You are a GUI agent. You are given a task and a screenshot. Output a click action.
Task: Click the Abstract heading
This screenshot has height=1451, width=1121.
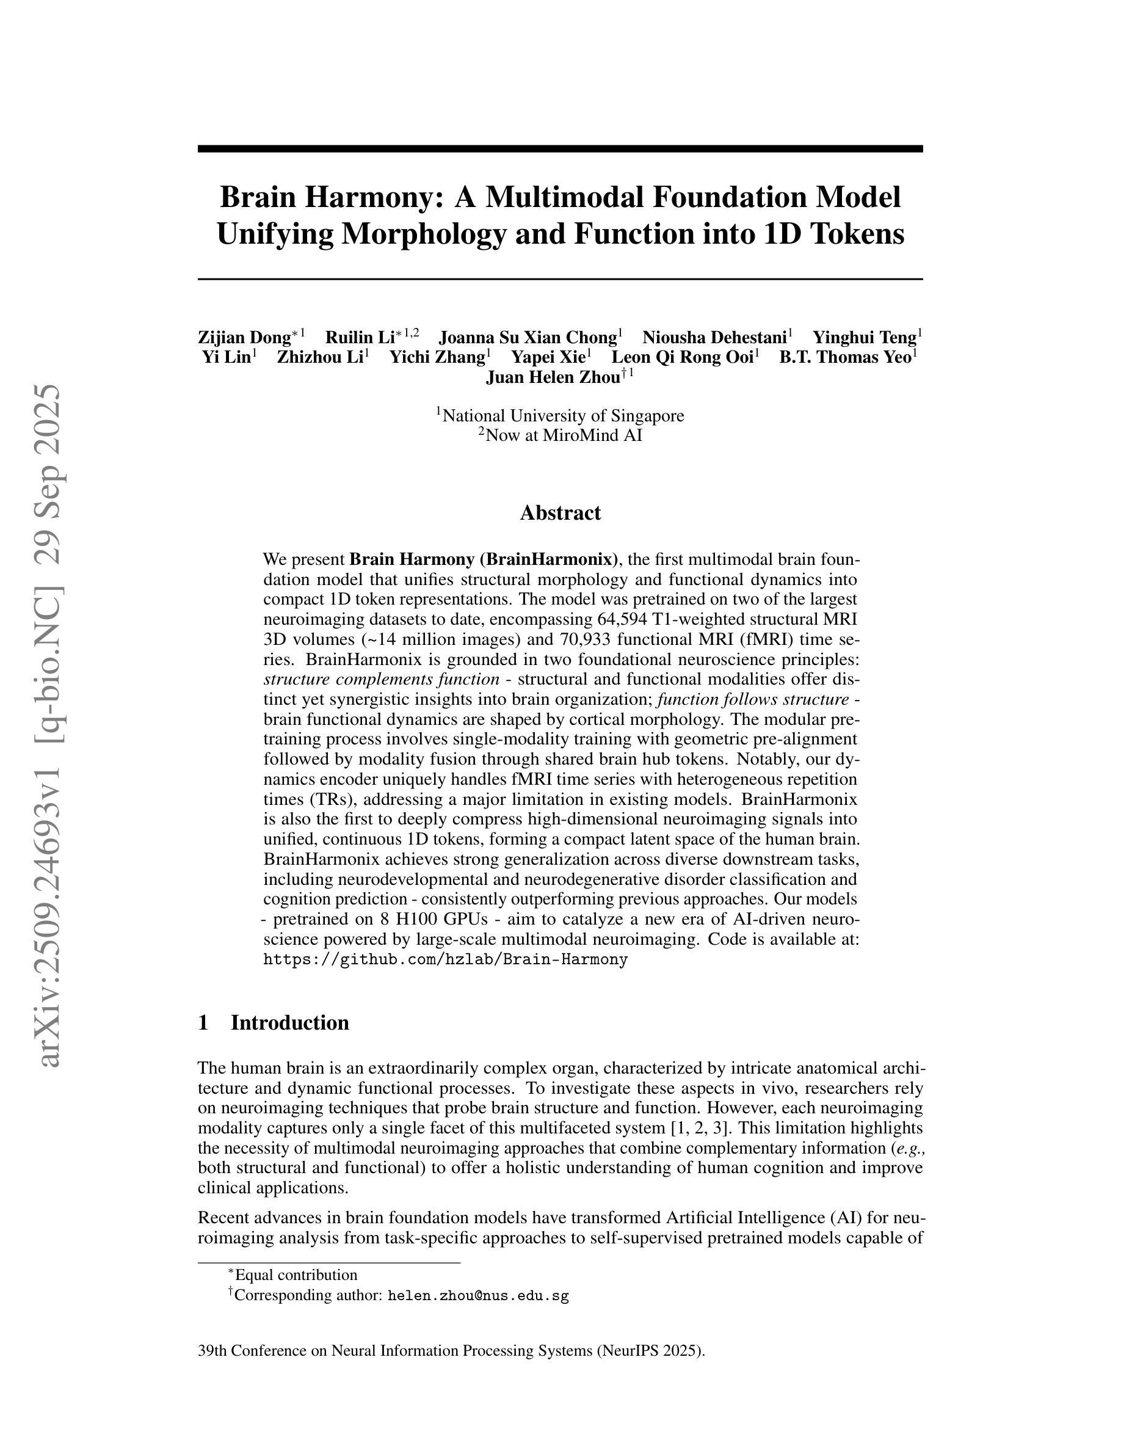[560, 513]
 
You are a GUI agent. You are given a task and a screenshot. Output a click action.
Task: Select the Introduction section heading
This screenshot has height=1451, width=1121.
[289, 1022]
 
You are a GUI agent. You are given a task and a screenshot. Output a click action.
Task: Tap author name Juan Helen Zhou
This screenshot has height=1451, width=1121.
[553, 378]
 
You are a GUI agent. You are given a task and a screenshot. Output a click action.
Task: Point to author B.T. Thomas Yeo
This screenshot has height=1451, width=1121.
[845, 357]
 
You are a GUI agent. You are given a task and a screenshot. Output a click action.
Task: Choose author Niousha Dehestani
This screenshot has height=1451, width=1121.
[714, 338]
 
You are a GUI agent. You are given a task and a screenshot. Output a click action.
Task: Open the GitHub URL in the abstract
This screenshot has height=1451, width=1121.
[445, 959]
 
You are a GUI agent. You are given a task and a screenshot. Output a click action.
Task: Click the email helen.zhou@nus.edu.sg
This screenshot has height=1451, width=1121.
[478, 1295]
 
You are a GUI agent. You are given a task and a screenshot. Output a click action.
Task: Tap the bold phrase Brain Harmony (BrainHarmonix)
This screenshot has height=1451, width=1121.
[484, 559]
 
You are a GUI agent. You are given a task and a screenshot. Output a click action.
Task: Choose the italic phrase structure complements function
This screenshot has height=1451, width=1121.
[381, 680]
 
